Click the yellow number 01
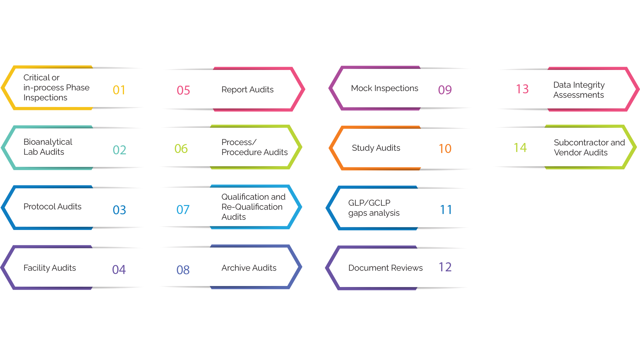point(119,90)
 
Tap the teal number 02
point(119,150)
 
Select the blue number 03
point(119,210)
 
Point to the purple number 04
point(119,270)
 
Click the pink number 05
point(183,90)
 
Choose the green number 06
point(181,149)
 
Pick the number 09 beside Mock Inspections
point(445,90)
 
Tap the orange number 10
point(445,149)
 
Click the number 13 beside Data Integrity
point(522,89)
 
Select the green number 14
point(520,148)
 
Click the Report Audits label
point(247,90)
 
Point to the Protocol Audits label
point(52,207)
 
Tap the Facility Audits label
point(50,268)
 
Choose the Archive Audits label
point(249,268)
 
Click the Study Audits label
point(376,148)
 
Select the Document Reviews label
point(385,268)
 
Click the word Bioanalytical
point(48,142)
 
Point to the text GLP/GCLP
point(369,203)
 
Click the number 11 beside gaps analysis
point(446,210)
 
